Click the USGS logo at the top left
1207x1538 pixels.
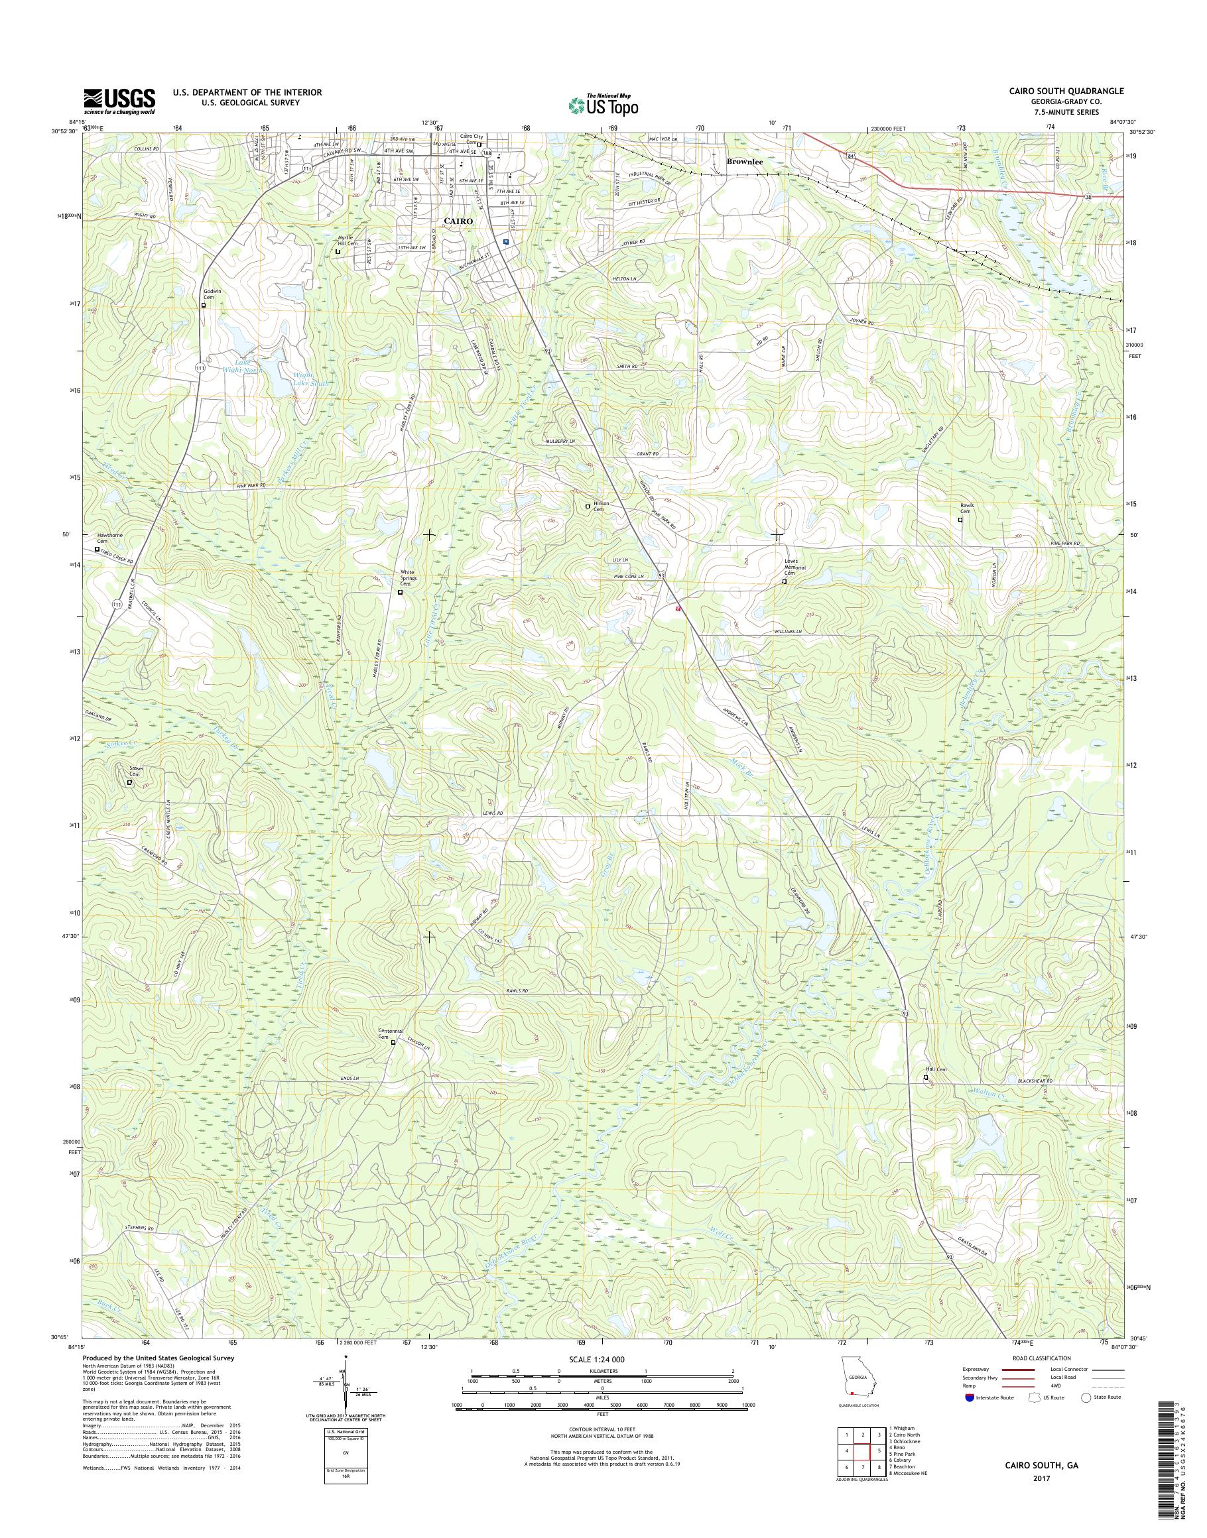pyautogui.click(x=119, y=101)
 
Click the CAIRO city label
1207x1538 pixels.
pyautogui.click(x=457, y=221)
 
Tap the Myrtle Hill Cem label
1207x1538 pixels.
pyautogui.click(x=346, y=240)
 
